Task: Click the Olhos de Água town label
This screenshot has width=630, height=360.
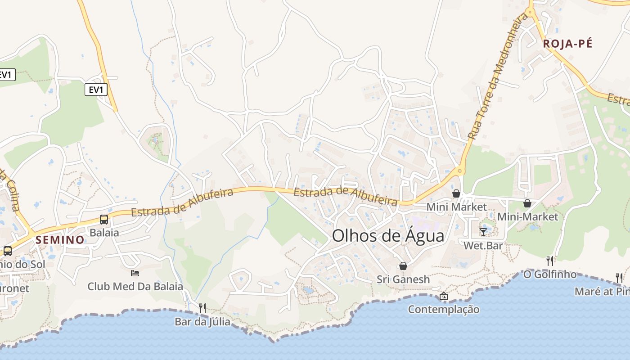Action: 388,236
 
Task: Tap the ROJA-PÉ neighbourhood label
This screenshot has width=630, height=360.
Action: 567,44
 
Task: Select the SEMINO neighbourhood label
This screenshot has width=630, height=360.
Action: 60,240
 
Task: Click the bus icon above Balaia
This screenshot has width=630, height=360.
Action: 104,220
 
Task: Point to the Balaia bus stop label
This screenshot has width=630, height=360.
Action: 104,233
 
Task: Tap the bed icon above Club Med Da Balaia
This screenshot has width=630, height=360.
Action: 135,273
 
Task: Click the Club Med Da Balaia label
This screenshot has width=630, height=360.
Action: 135,286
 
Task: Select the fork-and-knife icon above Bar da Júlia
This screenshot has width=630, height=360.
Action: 202,308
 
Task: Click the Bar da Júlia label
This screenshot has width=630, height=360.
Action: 202,322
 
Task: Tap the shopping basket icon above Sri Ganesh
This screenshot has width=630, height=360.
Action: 403,266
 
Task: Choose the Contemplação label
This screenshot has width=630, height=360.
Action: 444,310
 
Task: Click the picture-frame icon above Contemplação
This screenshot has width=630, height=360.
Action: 444,296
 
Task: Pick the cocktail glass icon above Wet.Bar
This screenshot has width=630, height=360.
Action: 483,232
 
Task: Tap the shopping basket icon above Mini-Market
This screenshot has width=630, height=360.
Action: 527,203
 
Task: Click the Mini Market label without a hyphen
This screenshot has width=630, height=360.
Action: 456,207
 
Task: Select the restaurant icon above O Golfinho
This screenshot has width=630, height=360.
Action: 549,261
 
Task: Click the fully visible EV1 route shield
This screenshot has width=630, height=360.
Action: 96,90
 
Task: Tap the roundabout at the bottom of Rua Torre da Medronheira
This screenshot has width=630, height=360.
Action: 459,171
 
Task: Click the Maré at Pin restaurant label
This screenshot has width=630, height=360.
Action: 602,292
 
